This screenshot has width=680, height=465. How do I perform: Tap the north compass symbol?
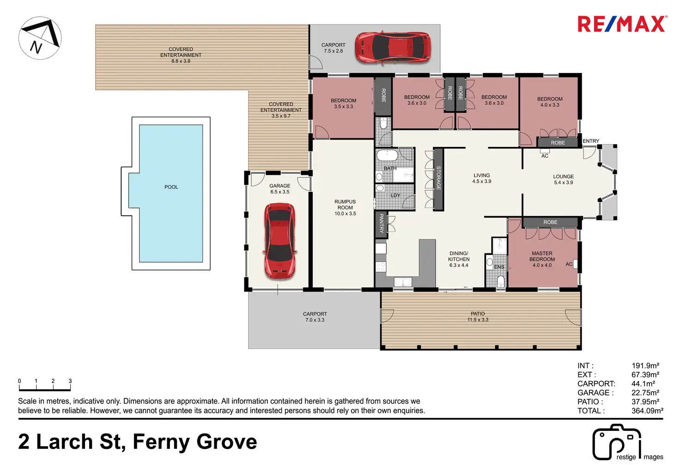pyautogui.click(x=40, y=38)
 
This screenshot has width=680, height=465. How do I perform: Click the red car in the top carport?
pyautogui.click(x=393, y=48)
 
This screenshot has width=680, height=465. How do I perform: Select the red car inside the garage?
pyautogui.click(x=279, y=241)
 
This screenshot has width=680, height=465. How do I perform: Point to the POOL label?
pyautogui.click(x=171, y=187)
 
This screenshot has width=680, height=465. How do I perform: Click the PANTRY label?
pyautogui.click(x=382, y=223)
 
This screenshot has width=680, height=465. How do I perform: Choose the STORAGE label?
pyautogui.click(x=438, y=178)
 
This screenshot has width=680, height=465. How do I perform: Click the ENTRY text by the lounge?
pyautogui.click(x=591, y=141)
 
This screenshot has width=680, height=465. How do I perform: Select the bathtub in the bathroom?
pyautogui.click(x=388, y=155)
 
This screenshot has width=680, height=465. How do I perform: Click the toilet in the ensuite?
pyautogui.click(x=501, y=281)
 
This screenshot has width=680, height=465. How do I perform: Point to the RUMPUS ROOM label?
pyautogui.click(x=345, y=204)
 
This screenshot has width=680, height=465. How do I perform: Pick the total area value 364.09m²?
pyautogui.click(x=647, y=410)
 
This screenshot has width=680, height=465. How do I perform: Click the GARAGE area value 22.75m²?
pyautogui.click(x=645, y=392)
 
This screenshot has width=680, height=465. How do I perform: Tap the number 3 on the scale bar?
pyautogui.click(x=70, y=381)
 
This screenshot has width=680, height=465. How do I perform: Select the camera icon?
pyautogui.click(x=617, y=442)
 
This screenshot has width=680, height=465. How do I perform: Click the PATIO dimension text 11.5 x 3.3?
pyautogui.click(x=478, y=319)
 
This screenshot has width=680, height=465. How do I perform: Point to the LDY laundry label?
pyautogui.click(x=395, y=196)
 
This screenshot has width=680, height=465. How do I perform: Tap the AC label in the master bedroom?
pyautogui.click(x=569, y=264)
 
